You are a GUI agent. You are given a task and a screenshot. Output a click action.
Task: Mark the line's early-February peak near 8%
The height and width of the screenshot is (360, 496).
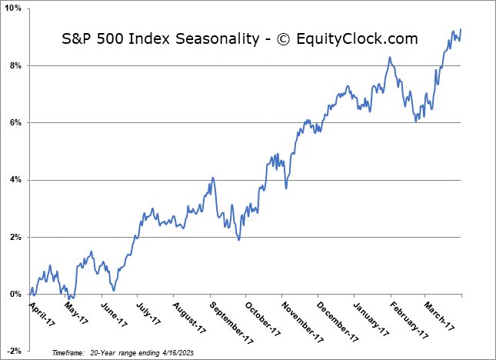pos(390,57)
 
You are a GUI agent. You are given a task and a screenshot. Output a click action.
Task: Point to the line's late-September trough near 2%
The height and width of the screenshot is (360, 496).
pos(238,240)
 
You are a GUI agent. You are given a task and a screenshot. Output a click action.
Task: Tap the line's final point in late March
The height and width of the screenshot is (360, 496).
pos(461,30)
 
